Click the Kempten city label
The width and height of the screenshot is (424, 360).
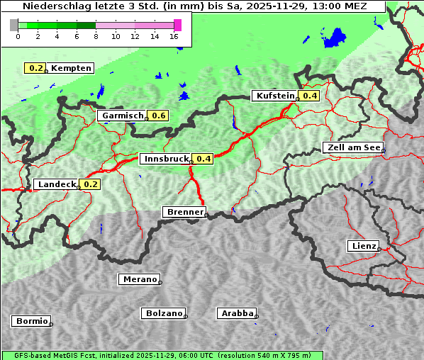click(x=71, y=68)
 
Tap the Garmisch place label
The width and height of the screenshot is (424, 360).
click(x=122, y=116)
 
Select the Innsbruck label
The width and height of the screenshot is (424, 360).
click(x=166, y=159)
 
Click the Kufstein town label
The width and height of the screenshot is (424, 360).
click(x=274, y=96)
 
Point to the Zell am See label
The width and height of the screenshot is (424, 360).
click(x=352, y=147)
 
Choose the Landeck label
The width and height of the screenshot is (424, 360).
click(x=56, y=184)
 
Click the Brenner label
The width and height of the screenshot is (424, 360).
click(x=184, y=212)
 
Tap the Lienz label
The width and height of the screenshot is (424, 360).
click(x=363, y=246)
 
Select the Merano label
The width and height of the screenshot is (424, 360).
click(x=139, y=279)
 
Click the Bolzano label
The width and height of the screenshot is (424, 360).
click(x=164, y=313)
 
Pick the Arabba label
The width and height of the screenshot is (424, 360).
click(x=237, y=313)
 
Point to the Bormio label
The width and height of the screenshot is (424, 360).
click(x=31, y=321)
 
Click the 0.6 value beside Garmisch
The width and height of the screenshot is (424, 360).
click(x=158, y=116)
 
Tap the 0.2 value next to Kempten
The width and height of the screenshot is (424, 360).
click(x=35, y=68)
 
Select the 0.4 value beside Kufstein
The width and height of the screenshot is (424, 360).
click(x=309, y=96)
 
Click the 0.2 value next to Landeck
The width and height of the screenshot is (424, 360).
click(x=91, y=184)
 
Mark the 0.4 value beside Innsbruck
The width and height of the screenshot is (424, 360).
click(x=203, y=159)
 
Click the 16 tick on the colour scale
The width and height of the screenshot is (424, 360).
click(x=174, y=36)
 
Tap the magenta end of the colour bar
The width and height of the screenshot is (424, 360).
click(x=177, y=25)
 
